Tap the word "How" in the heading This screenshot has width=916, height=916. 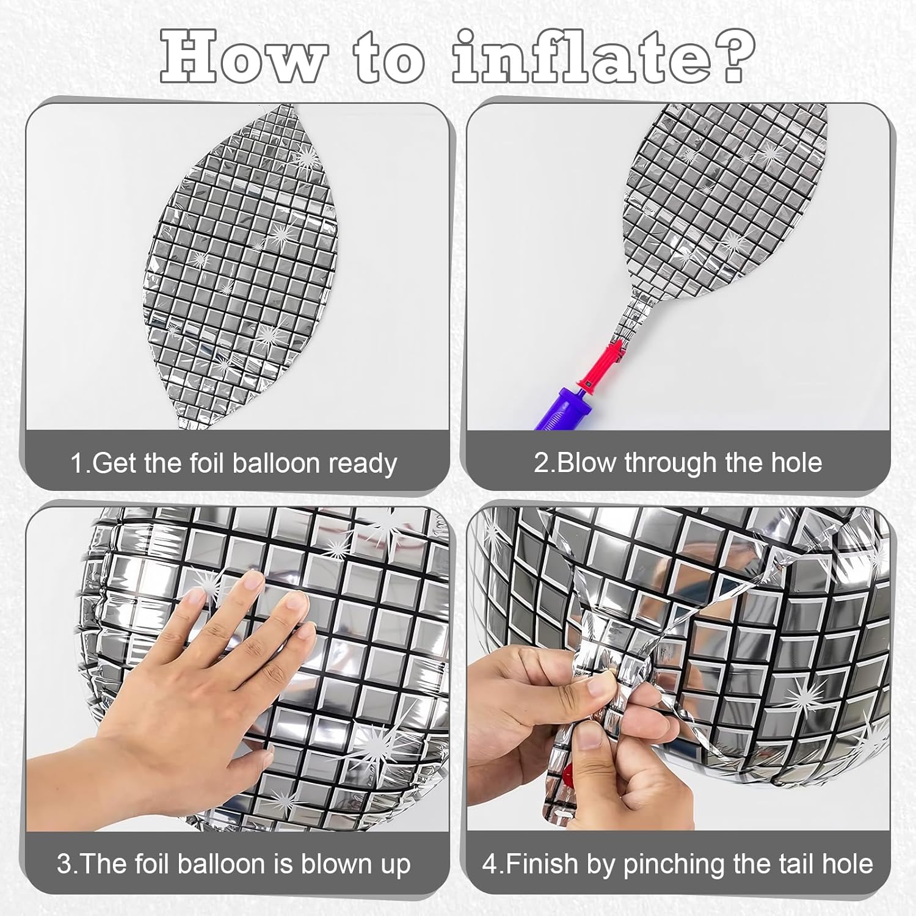click(x=243, y=57)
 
